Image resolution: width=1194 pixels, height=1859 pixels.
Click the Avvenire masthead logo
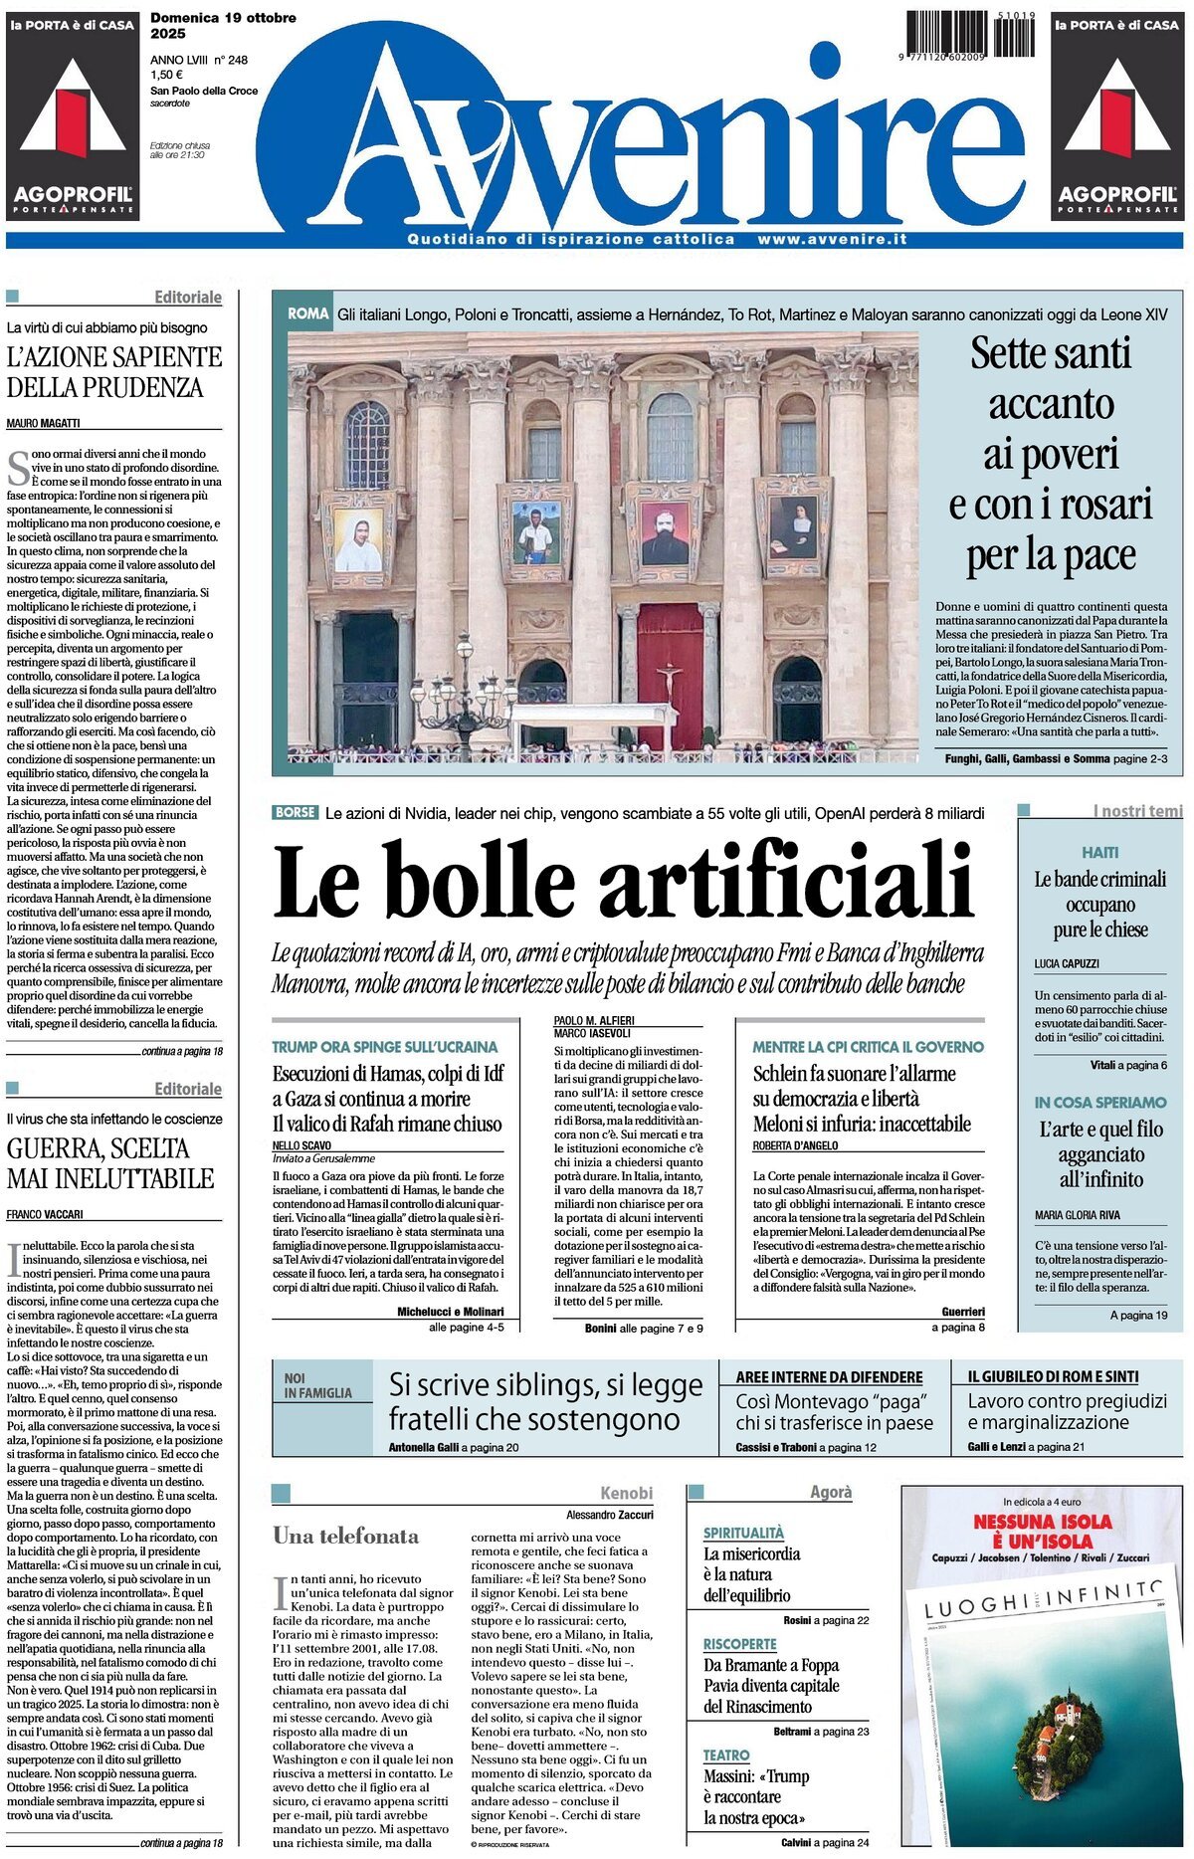point(637,139)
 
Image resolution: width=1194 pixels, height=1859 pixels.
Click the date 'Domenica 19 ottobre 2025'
point(223,25)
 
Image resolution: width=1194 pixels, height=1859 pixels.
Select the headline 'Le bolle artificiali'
point(622,882)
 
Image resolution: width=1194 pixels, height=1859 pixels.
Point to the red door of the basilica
point(670,677)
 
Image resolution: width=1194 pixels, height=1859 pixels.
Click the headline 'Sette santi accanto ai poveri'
point(1050,454)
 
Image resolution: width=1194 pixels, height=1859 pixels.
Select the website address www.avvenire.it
point(832,240)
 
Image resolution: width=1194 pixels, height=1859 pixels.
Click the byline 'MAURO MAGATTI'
point(44,423)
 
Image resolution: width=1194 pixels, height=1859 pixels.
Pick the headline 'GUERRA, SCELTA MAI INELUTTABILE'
point(110,1163)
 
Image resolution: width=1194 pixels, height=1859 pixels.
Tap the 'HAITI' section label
point(1099,853)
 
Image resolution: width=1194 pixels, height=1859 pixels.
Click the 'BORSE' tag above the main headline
point(295,812)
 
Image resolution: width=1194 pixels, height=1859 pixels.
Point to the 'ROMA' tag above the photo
point(307,313)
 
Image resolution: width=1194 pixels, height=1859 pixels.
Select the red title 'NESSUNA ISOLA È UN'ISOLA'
point(1042,1531)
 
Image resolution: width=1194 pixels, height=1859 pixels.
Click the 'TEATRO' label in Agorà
point(726,1756)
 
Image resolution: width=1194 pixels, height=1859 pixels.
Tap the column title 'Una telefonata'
point(346,1536)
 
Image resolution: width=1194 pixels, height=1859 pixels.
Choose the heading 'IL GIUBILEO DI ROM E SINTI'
point(1053,1376)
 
